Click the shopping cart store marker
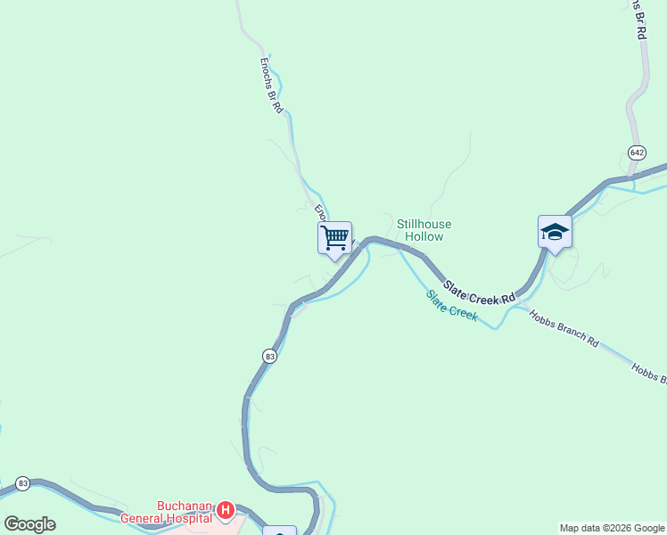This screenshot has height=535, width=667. tap(334, 238)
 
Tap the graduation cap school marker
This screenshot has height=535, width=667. tap(555, 232)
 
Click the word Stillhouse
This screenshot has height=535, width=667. tap(424, 224)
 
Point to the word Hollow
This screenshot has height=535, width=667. tap(424, 237)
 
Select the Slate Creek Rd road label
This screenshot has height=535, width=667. tap(480, 292)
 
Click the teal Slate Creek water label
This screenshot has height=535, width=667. tap(452, 305)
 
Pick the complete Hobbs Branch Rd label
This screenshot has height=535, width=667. tap(564, 326)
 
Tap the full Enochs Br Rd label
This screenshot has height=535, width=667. tap(271, 86)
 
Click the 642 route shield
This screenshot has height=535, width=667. tap(636, 152)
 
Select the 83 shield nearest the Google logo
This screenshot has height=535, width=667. tap(23, 483)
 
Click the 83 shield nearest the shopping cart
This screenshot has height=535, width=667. tap(270, 356)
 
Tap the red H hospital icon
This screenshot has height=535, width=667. tap(226, 511)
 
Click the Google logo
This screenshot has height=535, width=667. tap(29, 524)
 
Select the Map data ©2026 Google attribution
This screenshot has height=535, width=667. tap(612, 528)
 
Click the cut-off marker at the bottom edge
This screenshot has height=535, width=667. tap(280, 531)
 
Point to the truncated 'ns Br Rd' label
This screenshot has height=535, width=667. tap(638, 18)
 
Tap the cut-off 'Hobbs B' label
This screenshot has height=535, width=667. tap(648, 373)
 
